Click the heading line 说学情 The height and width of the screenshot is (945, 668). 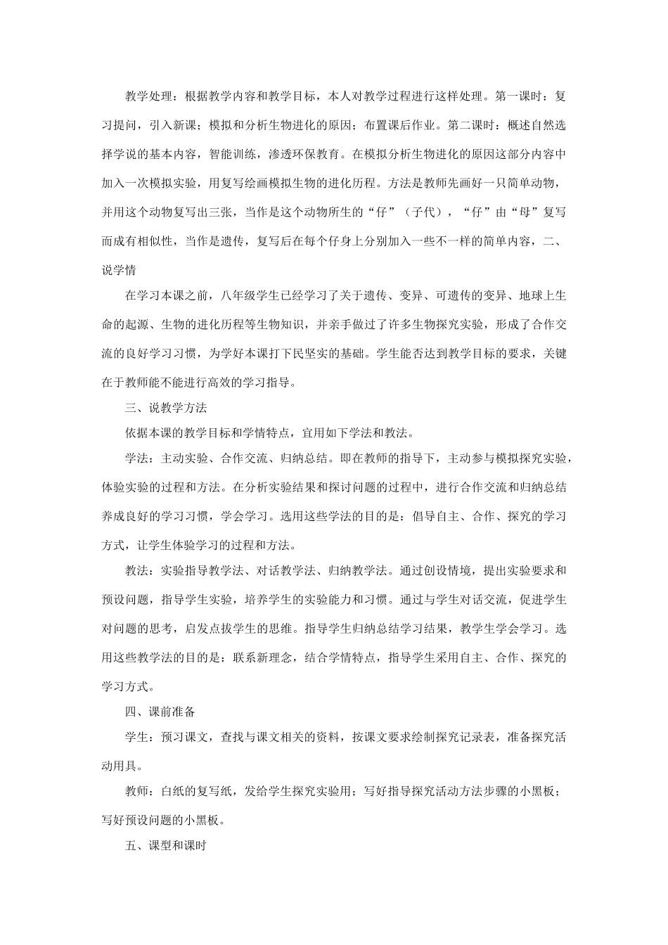tap(119, 270)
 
